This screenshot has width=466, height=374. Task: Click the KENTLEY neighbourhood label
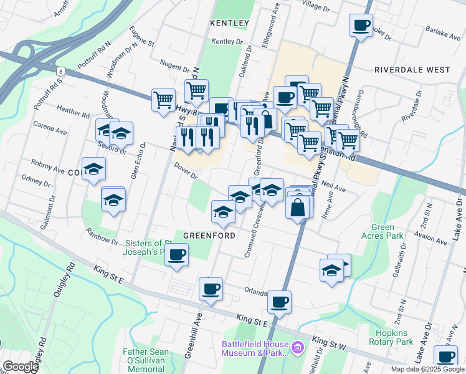[x=229, y=23]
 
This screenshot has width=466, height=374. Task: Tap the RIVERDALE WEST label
[x=412, y=70]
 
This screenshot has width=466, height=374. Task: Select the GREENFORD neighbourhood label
[x=209, y=236]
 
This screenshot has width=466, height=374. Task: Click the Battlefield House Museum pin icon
[x=298, y=346]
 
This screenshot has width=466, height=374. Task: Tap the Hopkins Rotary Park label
[x=391, y=337]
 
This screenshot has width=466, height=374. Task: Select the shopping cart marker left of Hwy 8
[x=163, y=99]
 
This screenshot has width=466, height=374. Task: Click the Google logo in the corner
[x=20, y=367]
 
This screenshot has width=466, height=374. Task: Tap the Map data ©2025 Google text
[x=427, y=369]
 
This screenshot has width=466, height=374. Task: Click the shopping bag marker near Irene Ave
[x=298, y=208]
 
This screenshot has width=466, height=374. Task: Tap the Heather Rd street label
[x=73, y=112]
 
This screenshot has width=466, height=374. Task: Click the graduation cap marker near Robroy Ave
[x=93, y=168]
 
